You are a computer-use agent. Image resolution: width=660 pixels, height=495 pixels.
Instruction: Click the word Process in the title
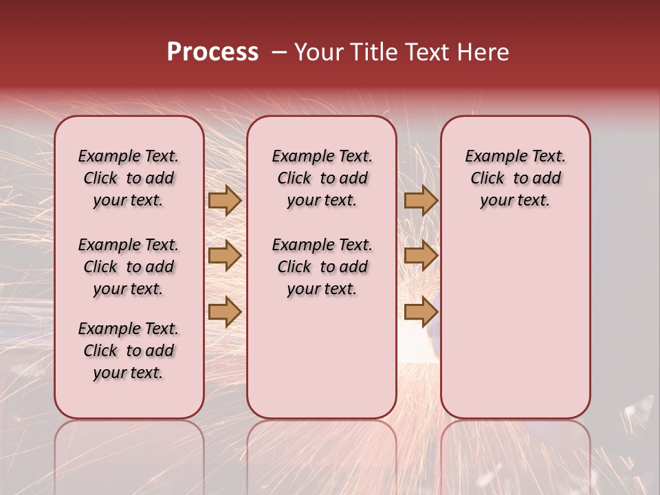tap(212, 52)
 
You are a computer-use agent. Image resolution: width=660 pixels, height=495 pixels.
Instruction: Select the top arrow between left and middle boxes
tap(224, 201)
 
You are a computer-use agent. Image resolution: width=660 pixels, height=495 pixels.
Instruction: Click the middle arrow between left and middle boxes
tap(224, 256)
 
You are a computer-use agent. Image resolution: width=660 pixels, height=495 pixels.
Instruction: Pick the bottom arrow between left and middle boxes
tap(224, 311)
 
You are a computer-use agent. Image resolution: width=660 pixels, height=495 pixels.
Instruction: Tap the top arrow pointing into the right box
tap(421, 201)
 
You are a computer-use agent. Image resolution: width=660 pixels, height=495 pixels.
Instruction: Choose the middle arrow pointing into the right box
tap(421, 256)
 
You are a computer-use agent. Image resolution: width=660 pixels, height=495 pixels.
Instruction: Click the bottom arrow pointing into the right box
tap(421, 311)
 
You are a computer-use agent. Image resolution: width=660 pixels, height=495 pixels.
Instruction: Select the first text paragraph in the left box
tap(129, 178)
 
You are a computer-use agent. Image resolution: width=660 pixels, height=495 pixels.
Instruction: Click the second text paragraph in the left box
tap(129, 267)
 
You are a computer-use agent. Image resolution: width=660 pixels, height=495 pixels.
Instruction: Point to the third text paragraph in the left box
tap(129, 351)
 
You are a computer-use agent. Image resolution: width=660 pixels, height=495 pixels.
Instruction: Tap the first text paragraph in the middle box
tap(322, 178)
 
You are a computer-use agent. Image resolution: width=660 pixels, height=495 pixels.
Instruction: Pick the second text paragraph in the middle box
tap(322, 267)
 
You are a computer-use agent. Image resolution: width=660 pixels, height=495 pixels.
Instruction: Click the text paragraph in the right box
tap(515, 178)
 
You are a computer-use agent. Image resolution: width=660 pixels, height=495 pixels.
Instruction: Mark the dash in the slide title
tap(279, 52)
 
